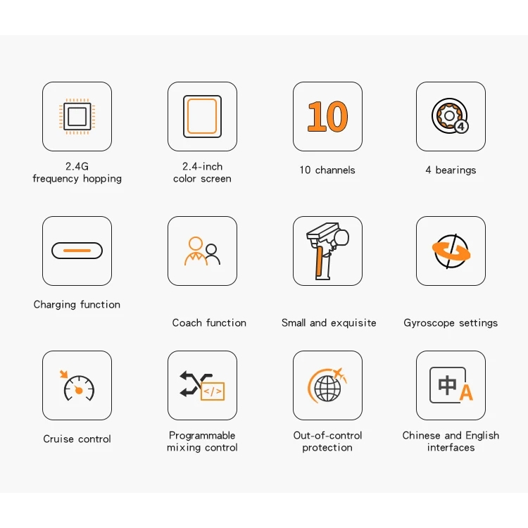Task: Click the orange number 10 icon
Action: [x=327, y=116]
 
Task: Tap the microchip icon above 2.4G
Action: [x=77, y=116]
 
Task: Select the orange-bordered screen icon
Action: [x=202, y=116]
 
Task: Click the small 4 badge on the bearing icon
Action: [x=461, y=126]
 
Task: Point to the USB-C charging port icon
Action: [x=77, y=251]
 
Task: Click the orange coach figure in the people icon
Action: [x=195, y=251]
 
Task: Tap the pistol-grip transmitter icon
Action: [x=327, y=251]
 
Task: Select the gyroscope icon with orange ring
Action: [x=451, y=251]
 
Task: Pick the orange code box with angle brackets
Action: [x=213, y=391]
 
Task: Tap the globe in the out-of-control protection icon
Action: [x=327, y=389]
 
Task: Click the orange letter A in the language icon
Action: [x=466, y=392]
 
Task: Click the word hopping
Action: [x=102, y=179]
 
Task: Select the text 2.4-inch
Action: [x=202, y=166]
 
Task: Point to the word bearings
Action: [x=455, y=170]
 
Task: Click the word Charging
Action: [x=55, y=305]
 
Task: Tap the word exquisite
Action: [x=353, y=323]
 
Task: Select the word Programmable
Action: [x=202, y=436]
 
